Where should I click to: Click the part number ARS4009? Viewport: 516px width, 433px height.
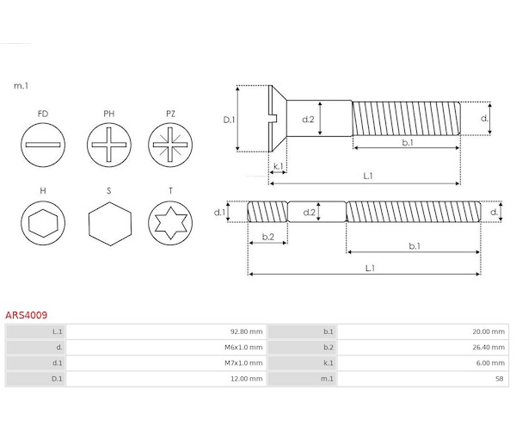pos(27,315)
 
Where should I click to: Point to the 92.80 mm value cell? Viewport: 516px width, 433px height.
pos(246,331)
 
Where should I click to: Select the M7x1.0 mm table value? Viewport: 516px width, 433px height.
pos(243,363)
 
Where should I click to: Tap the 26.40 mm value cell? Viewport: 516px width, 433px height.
pos(488,347)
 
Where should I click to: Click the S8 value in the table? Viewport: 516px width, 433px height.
pos(499,379)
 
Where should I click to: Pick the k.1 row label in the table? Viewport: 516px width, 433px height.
pos(329,363)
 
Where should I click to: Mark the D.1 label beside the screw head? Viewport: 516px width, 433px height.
pos(229,120)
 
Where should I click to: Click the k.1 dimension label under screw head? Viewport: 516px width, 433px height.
pos(279,166)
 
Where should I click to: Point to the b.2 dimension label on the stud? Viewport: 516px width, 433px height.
pos(267,237)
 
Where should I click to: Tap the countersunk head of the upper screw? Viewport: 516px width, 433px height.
pos(278,119)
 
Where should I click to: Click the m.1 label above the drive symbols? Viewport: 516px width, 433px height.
pos(21,86)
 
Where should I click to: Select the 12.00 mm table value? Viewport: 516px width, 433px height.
pos(246,379)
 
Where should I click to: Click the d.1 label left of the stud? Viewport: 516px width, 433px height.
pos(219,213)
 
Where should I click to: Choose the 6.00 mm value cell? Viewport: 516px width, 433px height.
pos(490,363)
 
